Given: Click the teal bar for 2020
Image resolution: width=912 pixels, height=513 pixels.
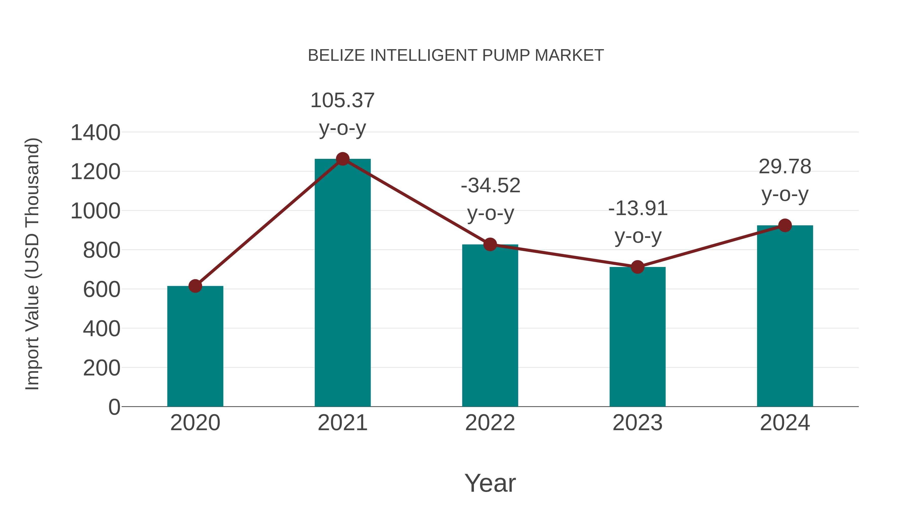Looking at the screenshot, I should tap(195, 347).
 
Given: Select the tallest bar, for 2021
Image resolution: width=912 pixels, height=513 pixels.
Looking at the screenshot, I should tap(342, 283).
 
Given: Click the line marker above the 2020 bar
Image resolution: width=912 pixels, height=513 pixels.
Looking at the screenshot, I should tap(195, 286).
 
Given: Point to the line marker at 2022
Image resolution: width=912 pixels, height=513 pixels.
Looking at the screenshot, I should tap(490, 244).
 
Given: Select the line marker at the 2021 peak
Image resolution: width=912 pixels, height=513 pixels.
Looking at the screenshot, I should tap(342, 159).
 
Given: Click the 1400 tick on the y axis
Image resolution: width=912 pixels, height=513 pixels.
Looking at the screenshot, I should tap(95, 133).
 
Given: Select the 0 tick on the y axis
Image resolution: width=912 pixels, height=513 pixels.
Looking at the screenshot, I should tap(114, 407).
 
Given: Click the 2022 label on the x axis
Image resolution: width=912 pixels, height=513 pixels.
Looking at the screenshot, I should tap(490, 423).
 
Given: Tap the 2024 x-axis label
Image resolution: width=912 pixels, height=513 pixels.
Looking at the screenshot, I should tap(785, 423).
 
